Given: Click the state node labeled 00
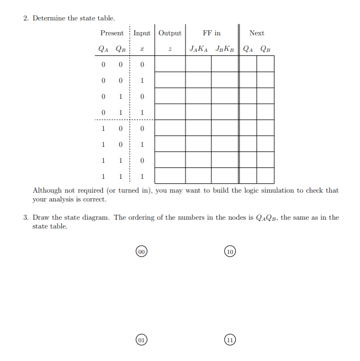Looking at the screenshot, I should pyautogui.click(x=141, y=252).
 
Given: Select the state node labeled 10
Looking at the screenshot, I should pyautogui.click(x=230, y=252).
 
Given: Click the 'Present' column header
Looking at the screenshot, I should pyautogui.click(x=112, y=33).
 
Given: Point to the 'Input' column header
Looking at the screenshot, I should pyautogui.click(x=142, y=33).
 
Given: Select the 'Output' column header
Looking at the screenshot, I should pyautogui.click(x=170, y=33).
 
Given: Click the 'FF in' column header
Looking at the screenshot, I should pyautogui.click(x=211, y=33).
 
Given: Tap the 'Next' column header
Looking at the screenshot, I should pyautogui.click(x=257, y=33).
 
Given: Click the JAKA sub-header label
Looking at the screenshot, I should pyautogui.click(x=198, y=49).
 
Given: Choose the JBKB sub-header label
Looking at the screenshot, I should pyautogui.click(x=225, y=49).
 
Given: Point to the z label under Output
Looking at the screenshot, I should pyautogui.click(x=170, y=49).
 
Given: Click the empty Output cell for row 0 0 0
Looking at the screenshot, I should pyautogui.click(x=170, y=65).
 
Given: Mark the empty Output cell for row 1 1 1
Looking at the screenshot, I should pyautogui.click(x=170, y=176).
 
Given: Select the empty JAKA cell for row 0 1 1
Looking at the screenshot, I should pyautogui.click(x=198, y=112).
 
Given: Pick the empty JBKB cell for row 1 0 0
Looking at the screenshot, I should pyautogui.click(x=225, y=128).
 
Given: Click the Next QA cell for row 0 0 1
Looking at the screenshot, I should pyautogui.click(x=248, y=81).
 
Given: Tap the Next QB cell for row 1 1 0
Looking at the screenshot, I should pyautogui.click(x=266, y=160).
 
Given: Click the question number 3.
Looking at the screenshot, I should pyautogui.click(x=26, y=217).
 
